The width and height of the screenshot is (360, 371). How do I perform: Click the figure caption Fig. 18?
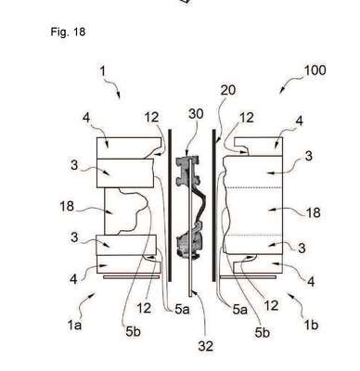[68, 32]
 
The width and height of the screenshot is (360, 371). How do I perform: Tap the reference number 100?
[315, 70]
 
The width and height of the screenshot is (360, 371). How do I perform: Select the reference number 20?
[228, 90]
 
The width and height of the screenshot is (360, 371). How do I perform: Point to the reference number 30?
[196, 114]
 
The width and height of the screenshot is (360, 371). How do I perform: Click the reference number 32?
[206, 346]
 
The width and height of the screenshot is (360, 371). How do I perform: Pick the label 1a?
[74, 325]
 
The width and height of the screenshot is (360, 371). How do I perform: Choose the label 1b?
[311, 326]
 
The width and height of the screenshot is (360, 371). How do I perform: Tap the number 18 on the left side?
[67, 206]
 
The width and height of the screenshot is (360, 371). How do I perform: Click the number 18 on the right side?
[313, 212]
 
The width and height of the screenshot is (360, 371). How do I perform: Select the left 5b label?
[133, 332]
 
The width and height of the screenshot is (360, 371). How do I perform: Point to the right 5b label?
[263, 332]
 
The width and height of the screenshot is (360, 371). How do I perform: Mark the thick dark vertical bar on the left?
[170, 205]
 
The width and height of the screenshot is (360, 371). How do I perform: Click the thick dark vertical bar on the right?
[213, 205]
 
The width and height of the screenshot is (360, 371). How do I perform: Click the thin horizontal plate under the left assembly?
[131, 277]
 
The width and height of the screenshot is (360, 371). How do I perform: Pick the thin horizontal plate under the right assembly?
[248, 277]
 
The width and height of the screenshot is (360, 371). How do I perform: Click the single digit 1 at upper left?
[102, 71]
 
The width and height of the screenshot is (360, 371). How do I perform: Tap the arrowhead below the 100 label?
[282, 90]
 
